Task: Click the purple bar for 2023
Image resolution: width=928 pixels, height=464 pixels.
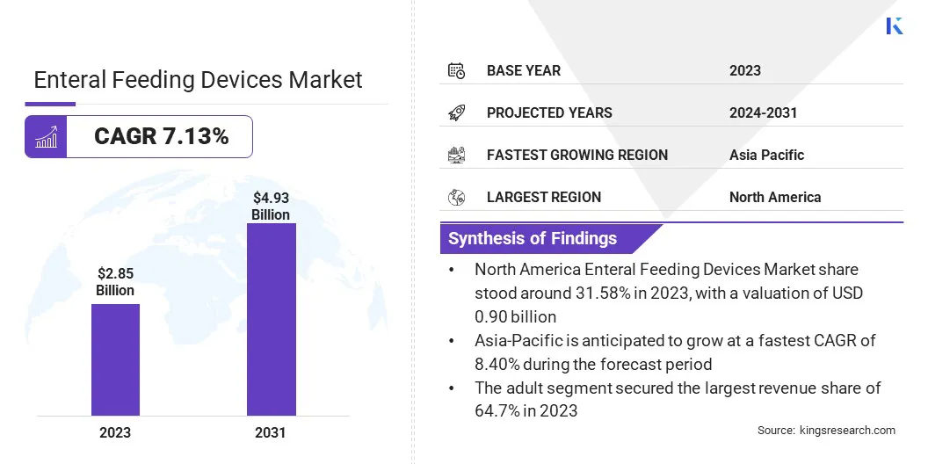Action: pyautogui.click(x=115, y=359)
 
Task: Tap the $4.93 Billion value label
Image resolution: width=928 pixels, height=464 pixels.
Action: pyautogui.click(x=271, y=207)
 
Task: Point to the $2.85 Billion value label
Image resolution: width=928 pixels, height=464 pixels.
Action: pyautogui.click(x=115, y=282)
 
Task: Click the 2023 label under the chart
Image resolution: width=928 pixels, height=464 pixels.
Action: pyautogui.click(x=115, y=432)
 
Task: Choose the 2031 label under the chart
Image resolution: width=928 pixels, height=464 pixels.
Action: pyautogui.click(x=271, y=432)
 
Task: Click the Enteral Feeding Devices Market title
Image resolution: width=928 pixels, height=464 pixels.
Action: pyautogui.click(x=198, y=80)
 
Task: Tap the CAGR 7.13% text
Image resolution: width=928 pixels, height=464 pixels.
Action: pyautogui.click(x=161, y=136)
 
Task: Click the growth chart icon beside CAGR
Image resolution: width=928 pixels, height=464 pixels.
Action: pyautogui.click(x=46, y=136)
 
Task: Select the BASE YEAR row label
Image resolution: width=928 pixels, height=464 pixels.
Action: pyautogui.click(x=523, y=70)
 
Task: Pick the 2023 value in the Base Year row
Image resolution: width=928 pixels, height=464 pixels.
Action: pyautogui.click(x=744, y=70)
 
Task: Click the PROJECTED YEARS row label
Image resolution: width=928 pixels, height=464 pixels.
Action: pyautogui.click(x=549, y=112)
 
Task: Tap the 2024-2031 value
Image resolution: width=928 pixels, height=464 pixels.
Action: pyautogui.click(x=763, y=112)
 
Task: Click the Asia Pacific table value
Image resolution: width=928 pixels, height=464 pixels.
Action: pyautogui.click(x=766, y=155)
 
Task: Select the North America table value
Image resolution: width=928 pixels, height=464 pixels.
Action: pyautogui.click(x=774, y=197)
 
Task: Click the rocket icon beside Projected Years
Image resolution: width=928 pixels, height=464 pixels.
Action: pyautogui.click(x=456, y=112)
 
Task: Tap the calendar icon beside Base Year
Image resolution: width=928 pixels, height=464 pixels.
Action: pyautogui.click(x=456, y=70)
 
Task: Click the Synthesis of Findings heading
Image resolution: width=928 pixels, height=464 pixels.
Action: pyautogui.click(x=533, y=238)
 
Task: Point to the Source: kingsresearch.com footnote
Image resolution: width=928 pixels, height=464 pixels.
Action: pyautogui.click(x=826, y=430)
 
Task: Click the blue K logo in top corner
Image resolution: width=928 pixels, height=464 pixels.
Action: pyautogui.click(x=895, y=25)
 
